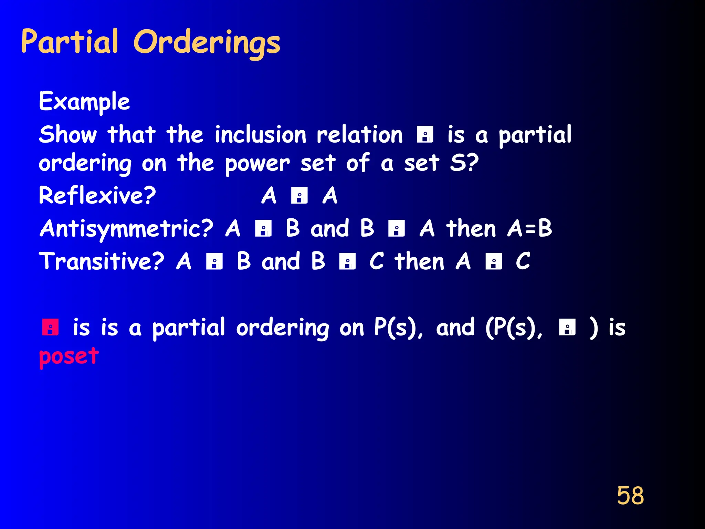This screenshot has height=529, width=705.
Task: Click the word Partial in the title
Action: pyautogui.click(x=70, y=42)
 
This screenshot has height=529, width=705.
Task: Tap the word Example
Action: pyautogui.click(x=84, y=102)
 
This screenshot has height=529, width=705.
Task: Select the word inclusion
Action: pyautogui.click(x=260, y=135)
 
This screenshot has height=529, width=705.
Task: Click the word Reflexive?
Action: pyautogui.click(x=97, y=196)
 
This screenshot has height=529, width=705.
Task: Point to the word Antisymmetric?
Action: pyautogui.click(x=126, y=229)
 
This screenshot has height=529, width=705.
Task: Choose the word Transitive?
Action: pyautogui.click(x=102, y=261)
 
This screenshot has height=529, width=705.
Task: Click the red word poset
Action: pyautogui.click(x=69, y=356)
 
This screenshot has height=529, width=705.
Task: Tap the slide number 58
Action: pyautogui.click(x=630, y=496)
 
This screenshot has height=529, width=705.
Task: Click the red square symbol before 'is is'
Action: pyautogui.click(x=50, y=327)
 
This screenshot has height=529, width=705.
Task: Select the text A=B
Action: pyautogui.click(x=529, y=229)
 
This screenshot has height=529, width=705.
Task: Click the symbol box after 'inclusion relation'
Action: pyautogui.click(x=425, y=135)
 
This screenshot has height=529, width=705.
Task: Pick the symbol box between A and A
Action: pyautogui.click(x=299, y=196)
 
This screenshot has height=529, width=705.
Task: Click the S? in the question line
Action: pyautogui.click(x=464, y=163)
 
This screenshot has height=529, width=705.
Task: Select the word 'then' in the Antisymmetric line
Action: pyautogui.click(x=471, y=229)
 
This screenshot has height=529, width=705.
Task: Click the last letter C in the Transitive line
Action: pyautogui.click(x=523, y=261)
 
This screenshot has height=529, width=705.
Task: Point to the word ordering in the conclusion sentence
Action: pyautogui.click(x=282, y=328)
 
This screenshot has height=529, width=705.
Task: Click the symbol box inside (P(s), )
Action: pyautogui.click(x=567, y=327)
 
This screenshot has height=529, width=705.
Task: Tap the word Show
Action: pyautogui.click(x=68, y=135)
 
